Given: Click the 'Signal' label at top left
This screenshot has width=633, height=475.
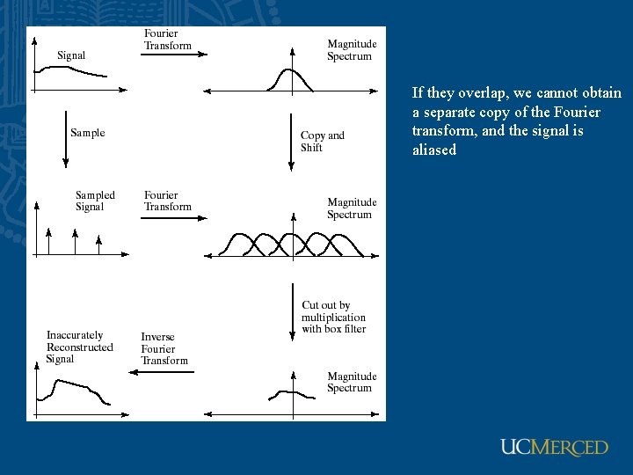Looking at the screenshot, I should point(71,55).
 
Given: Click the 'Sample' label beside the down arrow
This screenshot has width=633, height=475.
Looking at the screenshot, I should point(87,133).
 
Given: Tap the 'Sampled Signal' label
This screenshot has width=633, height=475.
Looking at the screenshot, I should point(94,201).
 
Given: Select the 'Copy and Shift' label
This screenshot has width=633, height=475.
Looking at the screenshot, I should point(322,142).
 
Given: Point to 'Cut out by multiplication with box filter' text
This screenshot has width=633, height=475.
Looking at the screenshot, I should point(333,317).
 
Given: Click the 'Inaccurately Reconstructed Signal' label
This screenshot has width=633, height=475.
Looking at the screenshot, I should point(79,347).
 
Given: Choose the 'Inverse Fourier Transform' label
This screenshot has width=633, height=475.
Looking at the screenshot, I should point(164,348).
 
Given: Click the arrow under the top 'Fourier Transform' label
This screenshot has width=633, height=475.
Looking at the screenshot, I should point(174,55).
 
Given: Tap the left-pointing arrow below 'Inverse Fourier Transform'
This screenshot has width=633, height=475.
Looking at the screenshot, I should point(162,371).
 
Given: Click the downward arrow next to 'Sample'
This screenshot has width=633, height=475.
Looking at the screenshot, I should point(66,138).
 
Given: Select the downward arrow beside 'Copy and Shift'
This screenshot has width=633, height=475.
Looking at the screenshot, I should point(292,141).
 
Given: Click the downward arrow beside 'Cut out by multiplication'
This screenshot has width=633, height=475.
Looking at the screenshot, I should point(292,311).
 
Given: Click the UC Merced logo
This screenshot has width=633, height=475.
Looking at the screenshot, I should point(554,447).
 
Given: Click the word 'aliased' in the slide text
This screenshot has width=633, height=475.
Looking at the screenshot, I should point(434,150).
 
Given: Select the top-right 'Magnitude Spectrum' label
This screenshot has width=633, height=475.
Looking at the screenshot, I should point(352,50).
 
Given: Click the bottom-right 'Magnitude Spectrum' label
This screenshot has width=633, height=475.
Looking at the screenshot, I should point(352,382).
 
